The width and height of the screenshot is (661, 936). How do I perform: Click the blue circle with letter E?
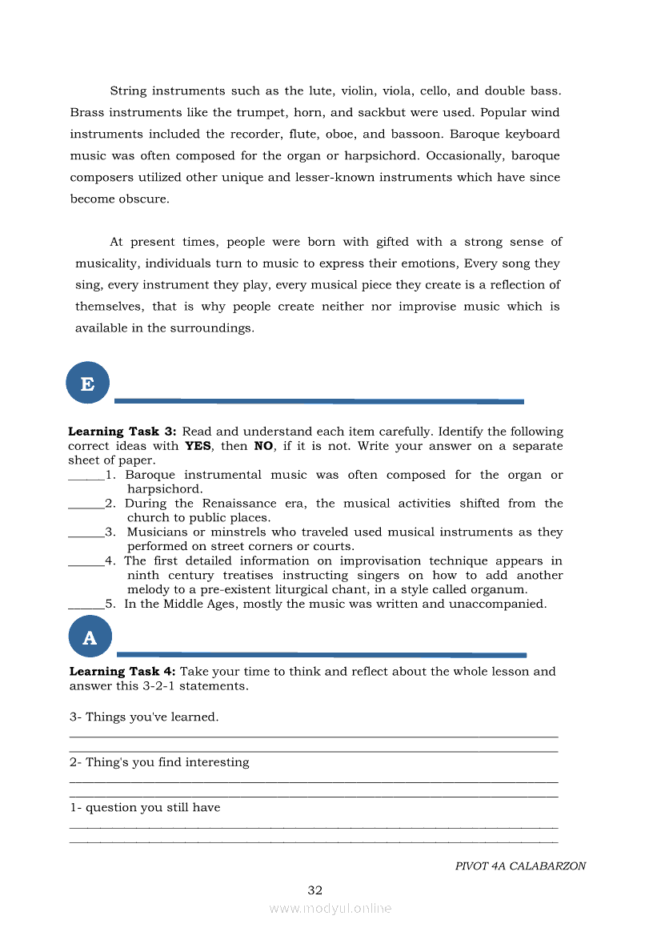click(87, 384)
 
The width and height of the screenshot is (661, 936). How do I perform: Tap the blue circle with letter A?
click(90, 637)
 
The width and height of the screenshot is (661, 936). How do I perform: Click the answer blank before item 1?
click(86, 476)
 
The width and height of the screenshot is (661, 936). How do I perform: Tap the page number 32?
click(315, 890)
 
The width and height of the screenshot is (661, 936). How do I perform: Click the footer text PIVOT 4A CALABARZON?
click(520, 866)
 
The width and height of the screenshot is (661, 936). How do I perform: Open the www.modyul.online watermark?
click(330, 909)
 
